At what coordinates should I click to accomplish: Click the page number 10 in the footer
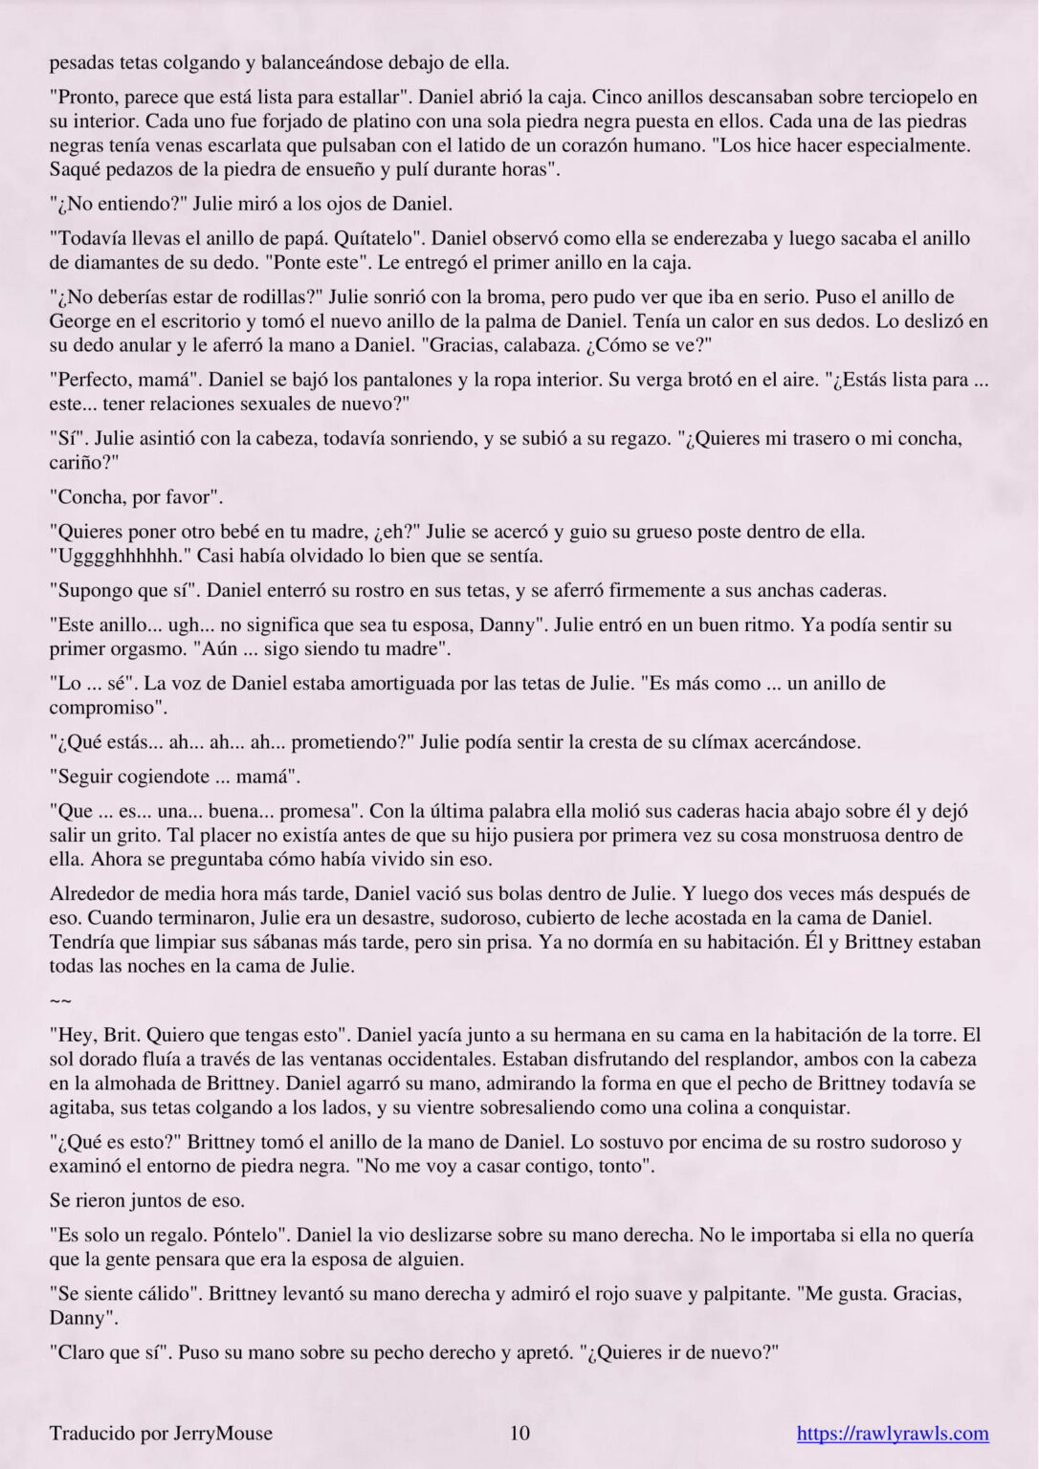point(519,1433)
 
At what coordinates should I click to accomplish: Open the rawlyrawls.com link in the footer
point(893,1433)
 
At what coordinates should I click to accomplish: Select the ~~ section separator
point(60,1000)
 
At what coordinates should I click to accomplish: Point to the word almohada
point(114,1084)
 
